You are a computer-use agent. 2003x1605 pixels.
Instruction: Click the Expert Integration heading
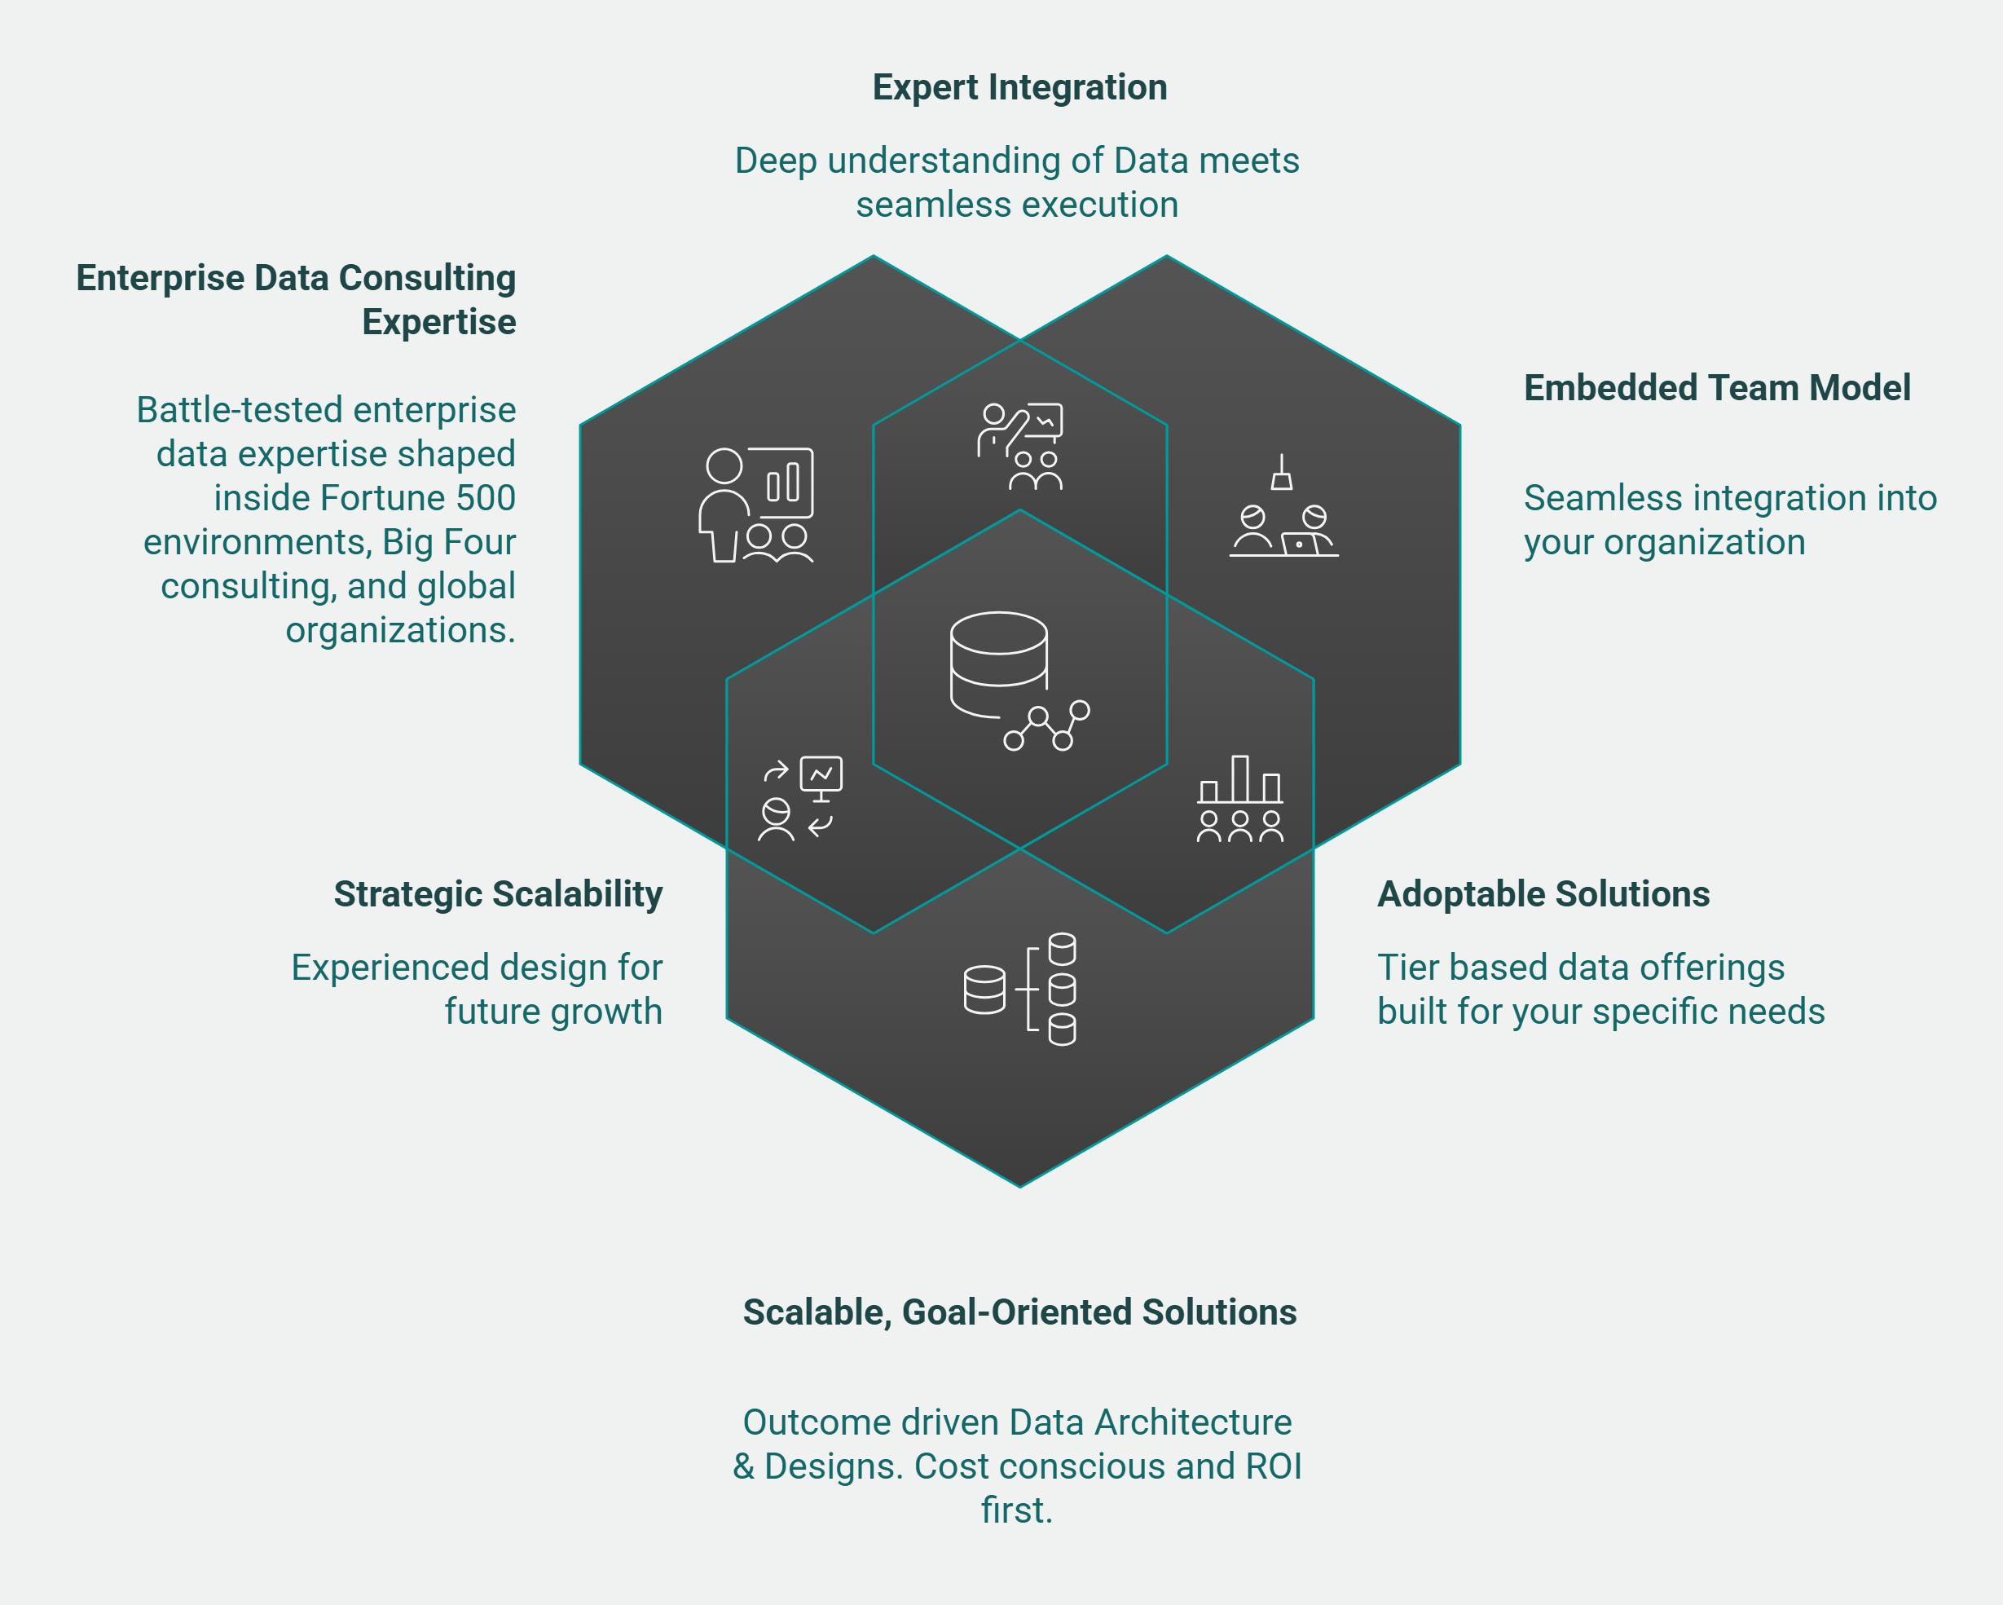(1019, 87)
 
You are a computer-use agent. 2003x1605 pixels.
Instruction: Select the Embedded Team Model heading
(1717, 387)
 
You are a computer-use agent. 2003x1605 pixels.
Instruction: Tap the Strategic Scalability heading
(498, 894)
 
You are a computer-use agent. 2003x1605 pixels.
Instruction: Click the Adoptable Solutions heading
(1543, 894)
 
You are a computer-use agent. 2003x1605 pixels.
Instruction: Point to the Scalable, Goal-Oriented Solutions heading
(1019, 1312)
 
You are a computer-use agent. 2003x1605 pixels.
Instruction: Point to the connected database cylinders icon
(1020, 989)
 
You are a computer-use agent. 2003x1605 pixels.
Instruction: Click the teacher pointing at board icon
(1020, 446)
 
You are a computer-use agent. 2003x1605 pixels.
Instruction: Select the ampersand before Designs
(743, 1466)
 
